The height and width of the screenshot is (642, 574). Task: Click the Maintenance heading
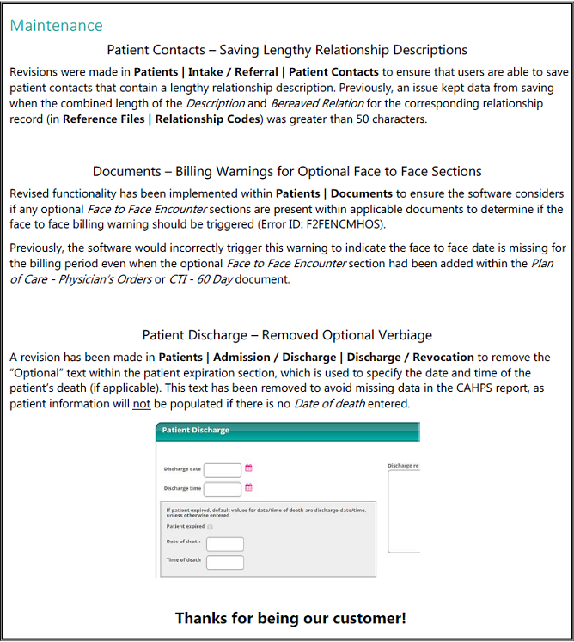(x=56, y=26)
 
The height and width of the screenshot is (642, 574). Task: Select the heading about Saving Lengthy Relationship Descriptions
(x=287, y=50)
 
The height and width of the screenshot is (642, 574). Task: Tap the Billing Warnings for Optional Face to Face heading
(x=287, y=171)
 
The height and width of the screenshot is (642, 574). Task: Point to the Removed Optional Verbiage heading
(x=287, y=335)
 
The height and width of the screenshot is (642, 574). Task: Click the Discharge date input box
(x=222, y=469)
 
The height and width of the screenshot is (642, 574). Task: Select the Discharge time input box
(x=222, y=488)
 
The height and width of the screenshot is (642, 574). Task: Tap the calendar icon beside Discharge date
(x=249, y=468)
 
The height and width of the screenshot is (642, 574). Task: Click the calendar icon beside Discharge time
(x=249, y=487)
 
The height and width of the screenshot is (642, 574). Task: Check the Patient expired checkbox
(x=211, y=527)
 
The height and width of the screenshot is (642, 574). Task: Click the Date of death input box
(x=225, y=544)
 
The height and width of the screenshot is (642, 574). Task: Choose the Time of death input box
(x=225, y=562)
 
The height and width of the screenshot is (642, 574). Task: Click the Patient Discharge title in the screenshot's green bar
(x=196, y=430)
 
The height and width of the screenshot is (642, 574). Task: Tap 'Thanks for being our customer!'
(x=290, y=618)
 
